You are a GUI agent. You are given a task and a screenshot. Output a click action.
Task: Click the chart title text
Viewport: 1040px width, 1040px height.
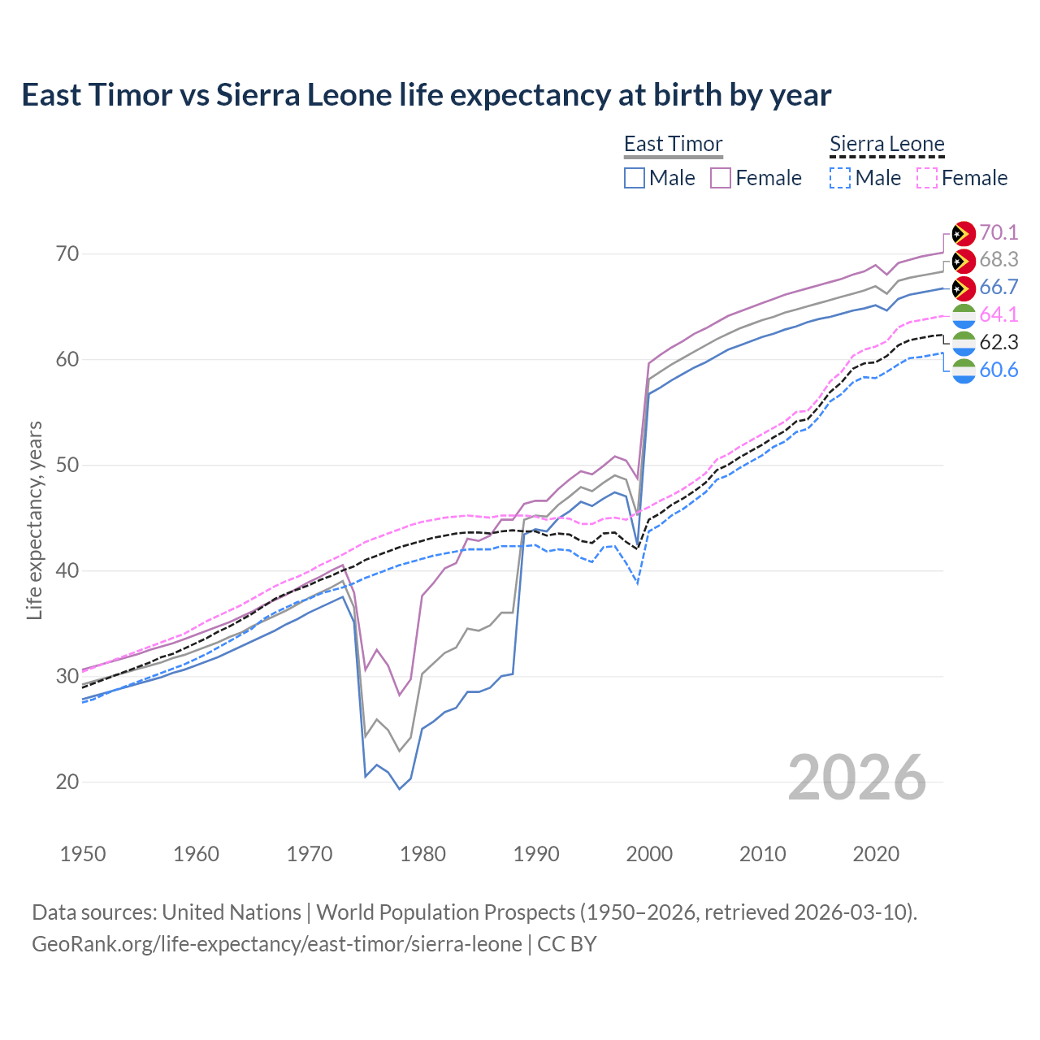click(x=426, y=95)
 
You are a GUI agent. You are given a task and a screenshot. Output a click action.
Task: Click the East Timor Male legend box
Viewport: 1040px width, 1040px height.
click(x=635, y=178)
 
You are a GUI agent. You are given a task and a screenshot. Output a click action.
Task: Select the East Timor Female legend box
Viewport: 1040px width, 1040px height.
click(x=721, y=178)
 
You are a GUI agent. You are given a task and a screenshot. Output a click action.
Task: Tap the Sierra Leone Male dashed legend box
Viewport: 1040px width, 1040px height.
click(x=840, y=178)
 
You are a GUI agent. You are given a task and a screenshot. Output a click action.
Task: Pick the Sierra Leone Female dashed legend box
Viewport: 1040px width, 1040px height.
click(x=927, y=178)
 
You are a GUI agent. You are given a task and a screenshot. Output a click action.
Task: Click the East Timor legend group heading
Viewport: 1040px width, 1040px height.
click(x=673, y=145)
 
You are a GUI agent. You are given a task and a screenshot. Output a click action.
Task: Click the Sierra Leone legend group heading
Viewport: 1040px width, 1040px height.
click(x=886, y=145)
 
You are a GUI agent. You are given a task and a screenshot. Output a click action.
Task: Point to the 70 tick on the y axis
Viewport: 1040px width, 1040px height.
click(x=67, y=254)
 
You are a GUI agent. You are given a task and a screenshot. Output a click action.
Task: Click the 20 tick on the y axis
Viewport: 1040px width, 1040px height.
click(x=67, y=782)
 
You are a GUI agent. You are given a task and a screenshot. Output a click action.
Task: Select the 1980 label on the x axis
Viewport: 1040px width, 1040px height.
click(x=422, y=854)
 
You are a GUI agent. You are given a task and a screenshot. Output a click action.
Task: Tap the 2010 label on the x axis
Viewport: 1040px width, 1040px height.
click(x=762, y=854)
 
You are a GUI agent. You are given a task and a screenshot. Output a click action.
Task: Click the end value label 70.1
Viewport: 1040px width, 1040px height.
click(x=999, y=233)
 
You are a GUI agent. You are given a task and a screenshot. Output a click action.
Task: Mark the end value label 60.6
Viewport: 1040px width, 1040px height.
click(x=999, y=370)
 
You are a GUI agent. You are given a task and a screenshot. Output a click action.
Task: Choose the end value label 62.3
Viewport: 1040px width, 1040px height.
click(x=999, y=343)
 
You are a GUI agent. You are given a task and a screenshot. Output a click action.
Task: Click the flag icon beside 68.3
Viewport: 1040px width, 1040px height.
click(x=964, y=261)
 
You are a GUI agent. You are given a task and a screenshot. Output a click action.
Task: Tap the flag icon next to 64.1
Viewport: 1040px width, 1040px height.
click(x=964, y=316)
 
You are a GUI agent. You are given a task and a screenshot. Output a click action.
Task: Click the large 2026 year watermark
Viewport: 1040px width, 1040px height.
click(x=857, y=778)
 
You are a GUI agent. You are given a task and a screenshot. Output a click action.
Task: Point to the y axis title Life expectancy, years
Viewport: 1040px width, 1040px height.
click(x=35, y=520)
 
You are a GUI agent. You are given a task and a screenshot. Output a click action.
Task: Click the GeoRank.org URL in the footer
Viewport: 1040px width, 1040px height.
click(x=277, y=944)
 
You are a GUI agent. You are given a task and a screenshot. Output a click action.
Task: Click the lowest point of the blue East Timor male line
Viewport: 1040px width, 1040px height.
click(x=400, y=789)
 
